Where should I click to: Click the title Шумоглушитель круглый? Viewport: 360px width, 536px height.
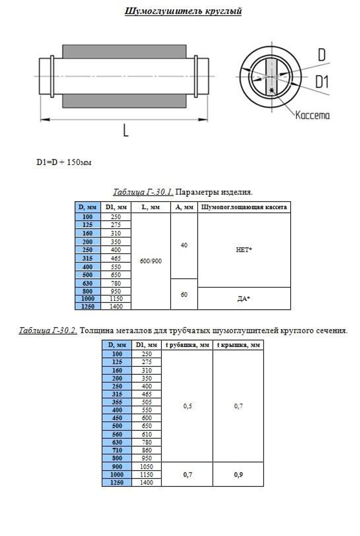coord(183,11)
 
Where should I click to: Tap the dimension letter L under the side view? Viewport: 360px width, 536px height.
coord(126,130)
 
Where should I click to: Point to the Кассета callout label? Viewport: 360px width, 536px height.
coord(312,115)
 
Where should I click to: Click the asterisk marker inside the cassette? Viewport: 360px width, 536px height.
coord(271,90)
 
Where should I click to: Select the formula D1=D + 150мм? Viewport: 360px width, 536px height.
coord(64,162)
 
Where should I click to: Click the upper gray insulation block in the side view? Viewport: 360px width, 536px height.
coord(124,51)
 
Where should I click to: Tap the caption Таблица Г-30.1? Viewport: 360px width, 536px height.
coord(143,192)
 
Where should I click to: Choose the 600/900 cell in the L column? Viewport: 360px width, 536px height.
coord(150,261)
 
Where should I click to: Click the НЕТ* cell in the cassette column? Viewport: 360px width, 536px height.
coord(244,250)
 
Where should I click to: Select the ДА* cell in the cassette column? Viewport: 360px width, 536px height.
coord(244,298)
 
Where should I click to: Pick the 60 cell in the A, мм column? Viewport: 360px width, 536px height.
coord(184,294)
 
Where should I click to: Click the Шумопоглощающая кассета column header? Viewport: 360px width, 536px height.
coord(244,207)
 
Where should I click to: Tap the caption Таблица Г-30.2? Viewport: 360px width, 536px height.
coord(48,330)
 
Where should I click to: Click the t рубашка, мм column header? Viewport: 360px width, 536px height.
coord(187,345)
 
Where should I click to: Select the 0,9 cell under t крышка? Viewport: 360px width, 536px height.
coord(238,474)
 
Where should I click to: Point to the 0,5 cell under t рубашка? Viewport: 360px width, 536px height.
coord(187,406)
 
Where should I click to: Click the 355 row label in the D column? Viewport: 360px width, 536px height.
coord(117,402)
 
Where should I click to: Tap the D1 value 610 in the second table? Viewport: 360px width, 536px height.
coord(147,434)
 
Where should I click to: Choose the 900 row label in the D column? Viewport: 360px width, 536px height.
coord(117,467)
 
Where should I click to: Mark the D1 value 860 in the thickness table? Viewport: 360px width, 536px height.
coord(147,450)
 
